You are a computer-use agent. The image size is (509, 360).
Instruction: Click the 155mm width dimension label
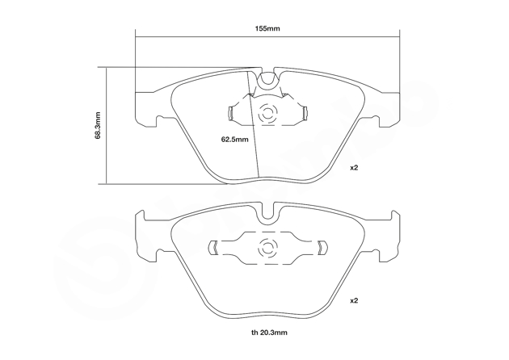tap(267, 28)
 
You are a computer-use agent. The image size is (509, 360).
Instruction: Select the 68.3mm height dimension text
tap(98, 125)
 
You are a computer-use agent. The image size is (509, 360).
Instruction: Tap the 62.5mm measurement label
tap(234, 140)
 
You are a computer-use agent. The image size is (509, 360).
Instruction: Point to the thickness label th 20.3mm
tap(269, 333)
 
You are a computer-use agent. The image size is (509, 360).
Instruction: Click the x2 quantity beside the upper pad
tap(354, 168)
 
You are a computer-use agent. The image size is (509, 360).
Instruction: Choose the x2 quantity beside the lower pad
tap(354, 300)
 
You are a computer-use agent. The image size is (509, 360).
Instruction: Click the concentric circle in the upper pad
tap(267, 114)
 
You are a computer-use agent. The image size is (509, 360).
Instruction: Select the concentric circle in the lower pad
tap(267, 249)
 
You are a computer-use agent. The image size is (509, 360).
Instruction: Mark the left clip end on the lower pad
tap(212, 248)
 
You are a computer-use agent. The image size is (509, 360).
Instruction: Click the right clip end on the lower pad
tap(322, 248)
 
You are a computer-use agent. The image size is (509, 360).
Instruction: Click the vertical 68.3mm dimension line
tap(106, 126)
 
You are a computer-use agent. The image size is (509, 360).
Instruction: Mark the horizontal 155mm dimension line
tap(267, 37)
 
